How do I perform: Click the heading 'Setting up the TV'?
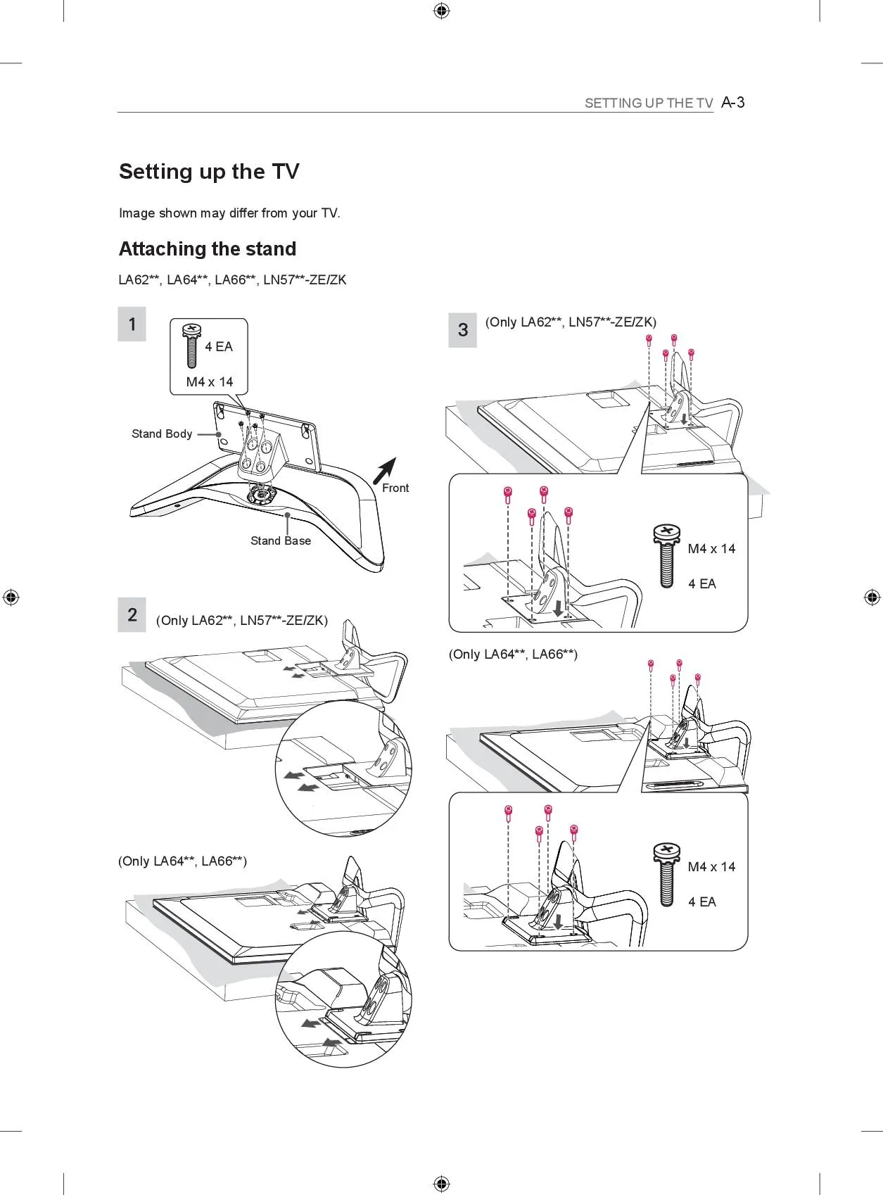coord(209,172)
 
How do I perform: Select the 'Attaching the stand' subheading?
coord(208,249)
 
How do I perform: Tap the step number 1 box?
coord(132,324)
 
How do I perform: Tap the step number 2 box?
coord(132,614)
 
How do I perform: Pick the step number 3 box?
coord(462,330)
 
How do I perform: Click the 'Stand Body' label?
coord(162,434)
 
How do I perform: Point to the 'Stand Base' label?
coord(280,540)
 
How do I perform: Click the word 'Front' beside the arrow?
coord(395,488)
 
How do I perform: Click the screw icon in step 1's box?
coord(191,345)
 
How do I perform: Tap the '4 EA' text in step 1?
coord(219,347)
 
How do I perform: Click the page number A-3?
coord(733,103)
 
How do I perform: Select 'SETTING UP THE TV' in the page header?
coord(649,103)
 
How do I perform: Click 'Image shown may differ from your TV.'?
coord(229,213)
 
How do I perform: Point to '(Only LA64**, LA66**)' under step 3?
coord(513,655)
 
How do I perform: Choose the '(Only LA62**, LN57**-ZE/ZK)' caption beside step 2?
coord(242,621)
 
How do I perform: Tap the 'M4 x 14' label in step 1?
coord(210,382)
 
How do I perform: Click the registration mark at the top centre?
coord(441,11)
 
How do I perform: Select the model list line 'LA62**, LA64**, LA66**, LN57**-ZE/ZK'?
coord(232,280)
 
